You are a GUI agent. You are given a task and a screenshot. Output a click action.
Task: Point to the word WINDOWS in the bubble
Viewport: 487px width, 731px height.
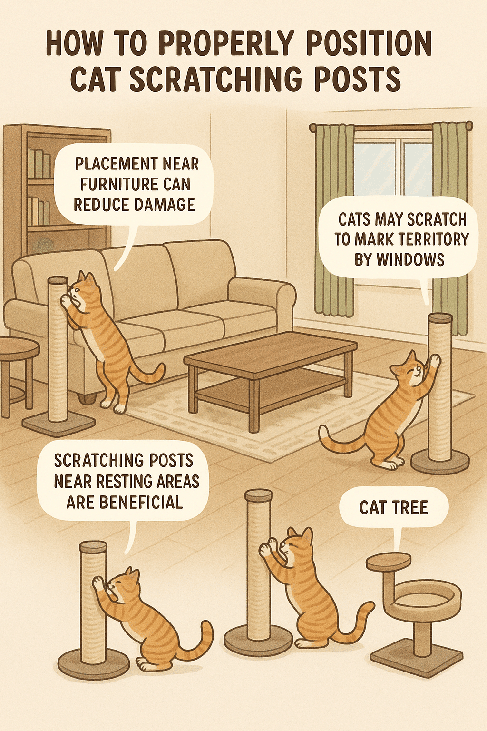click(x=399, y=259)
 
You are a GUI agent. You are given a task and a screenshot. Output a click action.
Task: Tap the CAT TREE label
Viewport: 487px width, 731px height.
click(x=393, y=507)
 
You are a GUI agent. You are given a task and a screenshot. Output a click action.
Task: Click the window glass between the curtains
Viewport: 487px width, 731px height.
click(x=393, y=167)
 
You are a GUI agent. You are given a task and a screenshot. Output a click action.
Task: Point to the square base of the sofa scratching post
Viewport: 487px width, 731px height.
click(x=58, y=424)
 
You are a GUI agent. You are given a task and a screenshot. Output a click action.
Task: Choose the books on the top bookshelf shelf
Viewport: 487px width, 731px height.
click(x=39, y=162)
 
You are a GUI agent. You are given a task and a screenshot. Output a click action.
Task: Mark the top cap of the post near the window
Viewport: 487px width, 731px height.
click(x=440, y=318)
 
